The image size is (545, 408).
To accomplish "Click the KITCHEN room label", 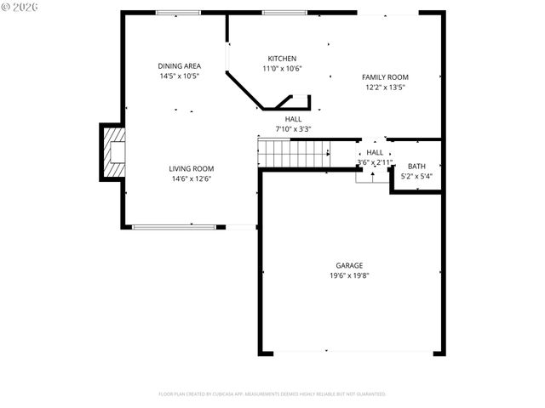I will point(282,59).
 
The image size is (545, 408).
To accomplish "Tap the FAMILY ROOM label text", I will point(385,76).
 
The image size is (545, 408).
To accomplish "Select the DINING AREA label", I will point(178,65).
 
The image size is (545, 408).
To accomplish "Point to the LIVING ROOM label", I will point(191,168).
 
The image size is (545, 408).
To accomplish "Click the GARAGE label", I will point(348,265).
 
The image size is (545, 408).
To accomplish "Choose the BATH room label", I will point(416,167).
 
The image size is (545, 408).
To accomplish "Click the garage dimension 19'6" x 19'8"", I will point(348,275).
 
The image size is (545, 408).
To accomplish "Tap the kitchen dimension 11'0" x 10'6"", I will point(282,69).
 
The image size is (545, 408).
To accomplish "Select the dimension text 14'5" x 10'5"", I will point(178,76).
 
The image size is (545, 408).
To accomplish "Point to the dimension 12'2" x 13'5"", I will point(385,87).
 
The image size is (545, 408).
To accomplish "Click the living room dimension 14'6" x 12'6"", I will point(191,178).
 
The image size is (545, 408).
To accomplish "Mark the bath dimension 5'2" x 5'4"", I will point(416,177).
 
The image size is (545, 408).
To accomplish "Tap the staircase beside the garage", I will point(295,154).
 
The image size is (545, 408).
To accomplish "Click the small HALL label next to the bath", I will point(375,151).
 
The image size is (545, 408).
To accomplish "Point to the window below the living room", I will point(174,226).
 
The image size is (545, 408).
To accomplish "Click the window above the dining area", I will point(179,13).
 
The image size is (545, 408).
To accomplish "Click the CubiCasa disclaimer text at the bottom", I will point(272,394).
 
